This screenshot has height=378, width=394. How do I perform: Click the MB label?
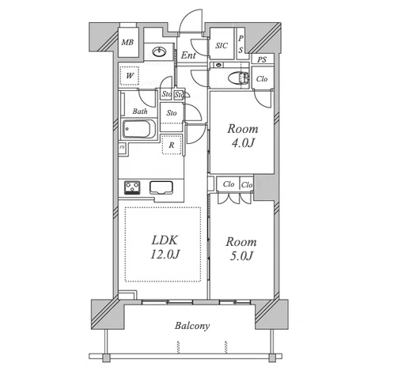(x=127, y=42)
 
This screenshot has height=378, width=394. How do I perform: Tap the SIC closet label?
(x=222, y=46)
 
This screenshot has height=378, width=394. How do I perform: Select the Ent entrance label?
(x=188, y=55)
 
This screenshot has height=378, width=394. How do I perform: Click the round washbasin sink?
(x=159, y=51)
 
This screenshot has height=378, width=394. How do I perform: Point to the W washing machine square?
(x=129, y=76)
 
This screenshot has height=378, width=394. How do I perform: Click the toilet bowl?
(x=238, y=78)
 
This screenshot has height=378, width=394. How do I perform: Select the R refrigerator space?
(x=172, y=145)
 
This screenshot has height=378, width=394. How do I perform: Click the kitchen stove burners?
(x=132, y=187)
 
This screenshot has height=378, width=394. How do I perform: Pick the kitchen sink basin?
(x=161, y=187)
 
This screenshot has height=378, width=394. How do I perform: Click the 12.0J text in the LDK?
(x=165, y=255)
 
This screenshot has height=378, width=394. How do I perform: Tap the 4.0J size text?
(x=243, y=143)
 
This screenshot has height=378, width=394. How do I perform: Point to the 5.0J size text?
(x=241, y=256)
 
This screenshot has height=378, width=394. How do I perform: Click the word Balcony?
(x=192, y=326)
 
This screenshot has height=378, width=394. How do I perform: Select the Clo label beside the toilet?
(x=262, y=78)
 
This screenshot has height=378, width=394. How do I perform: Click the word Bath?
(x=140, y=112)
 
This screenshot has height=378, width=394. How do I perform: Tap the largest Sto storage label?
(x=172, y=113)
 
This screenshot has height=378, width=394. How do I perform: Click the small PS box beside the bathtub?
(x=122, y=147)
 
